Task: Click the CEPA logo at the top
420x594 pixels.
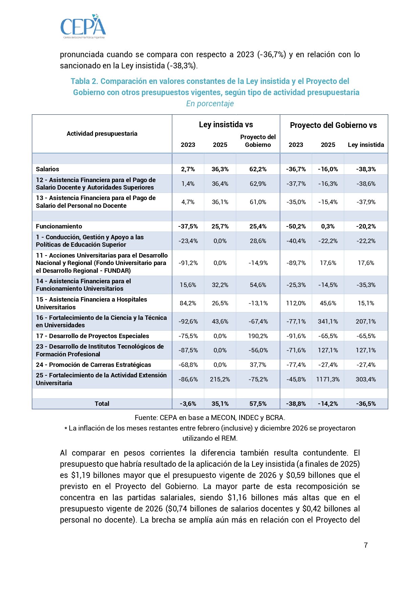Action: [83, 26]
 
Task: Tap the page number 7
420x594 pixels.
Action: [366, 545]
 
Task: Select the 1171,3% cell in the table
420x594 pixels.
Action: [328, 379]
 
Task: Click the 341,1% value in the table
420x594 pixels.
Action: [328, 321]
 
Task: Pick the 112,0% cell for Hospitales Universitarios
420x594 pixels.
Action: [296, 303]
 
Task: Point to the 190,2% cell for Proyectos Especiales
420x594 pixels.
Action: [258, 336]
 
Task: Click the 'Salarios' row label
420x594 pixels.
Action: [47, 169]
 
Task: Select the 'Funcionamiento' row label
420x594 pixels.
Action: [59, 226]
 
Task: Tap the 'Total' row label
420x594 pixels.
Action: [102, 403]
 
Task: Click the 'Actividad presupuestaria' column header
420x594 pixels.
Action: [102, 133]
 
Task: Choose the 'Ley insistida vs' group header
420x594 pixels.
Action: [226, 125]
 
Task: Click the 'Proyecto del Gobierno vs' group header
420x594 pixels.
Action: [333, 125]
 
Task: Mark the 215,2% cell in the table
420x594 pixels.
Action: [220, 379]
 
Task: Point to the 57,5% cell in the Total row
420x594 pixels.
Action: [258, 403]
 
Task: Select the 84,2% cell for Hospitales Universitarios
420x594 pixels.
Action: [188, 303]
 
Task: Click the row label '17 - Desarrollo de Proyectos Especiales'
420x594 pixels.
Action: [92, 336]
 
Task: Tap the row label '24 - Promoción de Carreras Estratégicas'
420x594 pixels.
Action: [93, 365]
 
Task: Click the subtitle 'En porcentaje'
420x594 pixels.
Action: [210, 104]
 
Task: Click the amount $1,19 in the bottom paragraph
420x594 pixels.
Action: [81, 475]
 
